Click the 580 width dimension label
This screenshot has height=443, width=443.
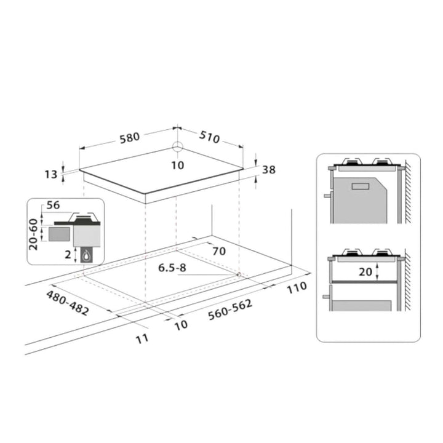coord(130,138)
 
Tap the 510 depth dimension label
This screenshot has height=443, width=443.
coord(209,137)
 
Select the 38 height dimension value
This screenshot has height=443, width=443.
coord(269,170)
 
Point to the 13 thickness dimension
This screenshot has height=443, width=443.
coord(51,174)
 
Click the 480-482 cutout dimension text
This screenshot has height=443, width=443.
coord(68,303)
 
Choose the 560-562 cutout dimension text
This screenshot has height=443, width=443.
coord(230,309)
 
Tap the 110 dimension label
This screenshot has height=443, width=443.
coord(297,287)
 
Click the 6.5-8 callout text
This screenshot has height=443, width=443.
coord(172,268)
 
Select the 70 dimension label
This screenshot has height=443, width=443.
coord(219,251)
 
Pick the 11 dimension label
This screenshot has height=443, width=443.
coord(142,338)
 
